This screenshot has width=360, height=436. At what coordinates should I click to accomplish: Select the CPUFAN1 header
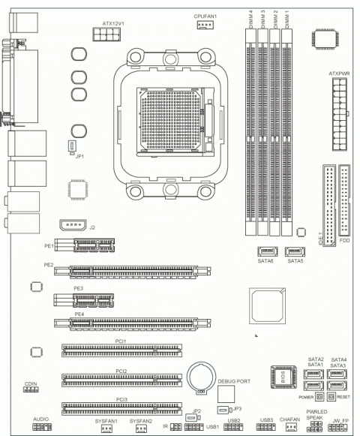[204, 26]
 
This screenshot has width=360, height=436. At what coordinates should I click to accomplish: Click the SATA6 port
[267, 251]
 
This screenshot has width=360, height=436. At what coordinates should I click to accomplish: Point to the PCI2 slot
[121, 379]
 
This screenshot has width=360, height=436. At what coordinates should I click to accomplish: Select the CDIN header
[31, 392]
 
